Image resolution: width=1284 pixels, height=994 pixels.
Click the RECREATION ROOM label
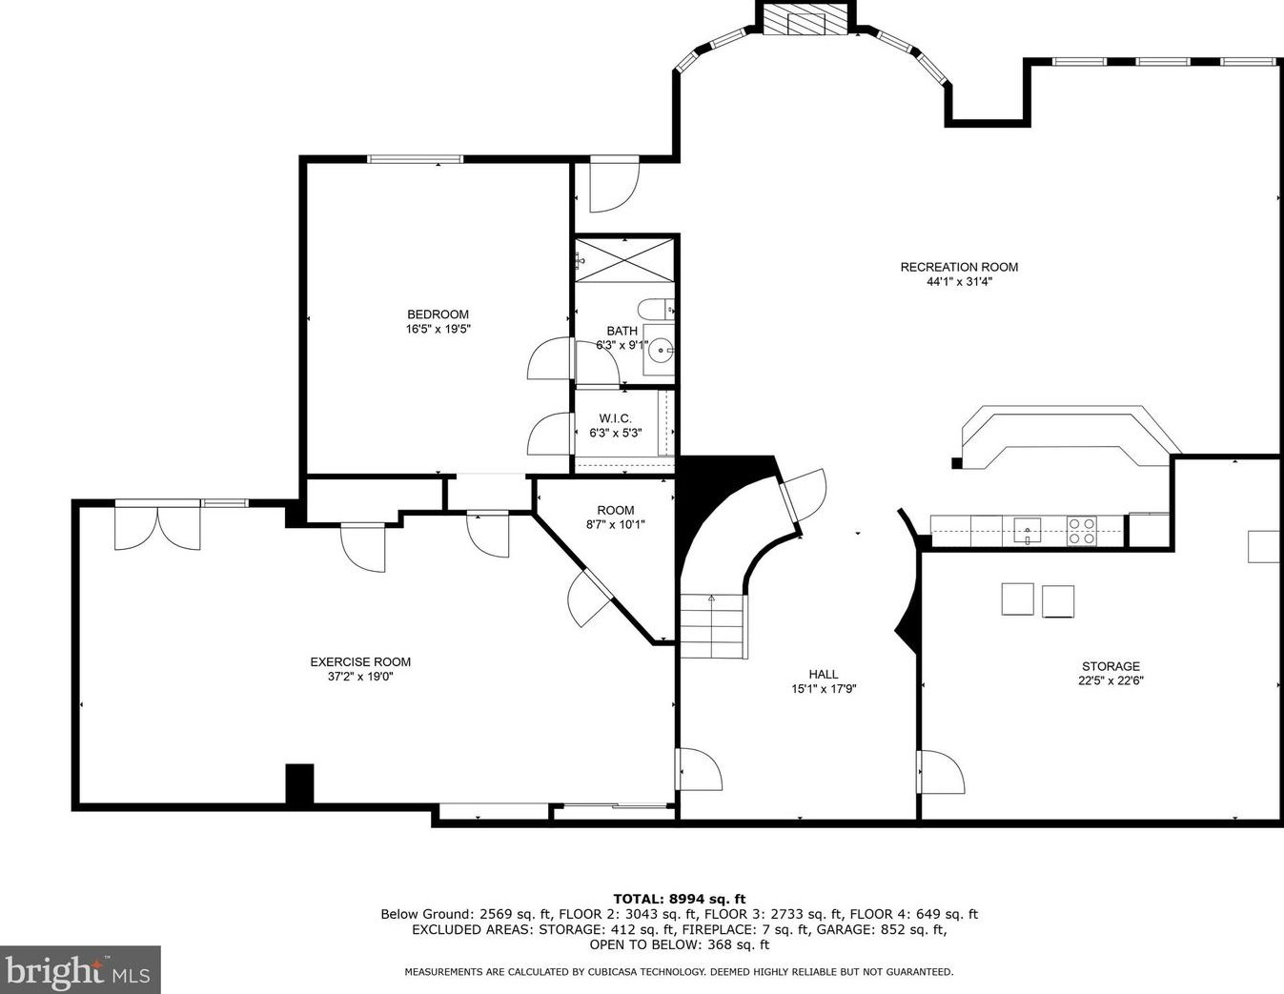coord(959,267)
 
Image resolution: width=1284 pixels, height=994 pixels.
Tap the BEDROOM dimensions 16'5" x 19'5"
coord(438,329)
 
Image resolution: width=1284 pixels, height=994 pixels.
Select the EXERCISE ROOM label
coord(360,662)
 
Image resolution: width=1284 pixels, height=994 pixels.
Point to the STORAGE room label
coord(1111,666)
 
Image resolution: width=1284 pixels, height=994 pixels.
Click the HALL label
coord(824,674)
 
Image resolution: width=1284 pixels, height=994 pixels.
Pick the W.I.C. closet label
coord(615,418)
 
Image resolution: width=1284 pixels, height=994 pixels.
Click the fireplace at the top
coord(806,22)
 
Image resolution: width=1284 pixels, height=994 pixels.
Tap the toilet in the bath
coord(656,309)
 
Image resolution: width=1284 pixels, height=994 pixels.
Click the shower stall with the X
coord(624,260)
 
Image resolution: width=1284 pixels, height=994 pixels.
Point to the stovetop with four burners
coord(1081,531)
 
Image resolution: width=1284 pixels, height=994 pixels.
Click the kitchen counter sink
coord(1028,530)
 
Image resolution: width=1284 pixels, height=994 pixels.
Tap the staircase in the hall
coord(714,625)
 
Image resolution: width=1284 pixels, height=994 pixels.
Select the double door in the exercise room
coord(157,528)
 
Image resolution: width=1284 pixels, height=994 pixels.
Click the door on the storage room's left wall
coord(941,772)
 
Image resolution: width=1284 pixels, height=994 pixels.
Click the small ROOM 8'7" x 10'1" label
coord(616,517)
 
